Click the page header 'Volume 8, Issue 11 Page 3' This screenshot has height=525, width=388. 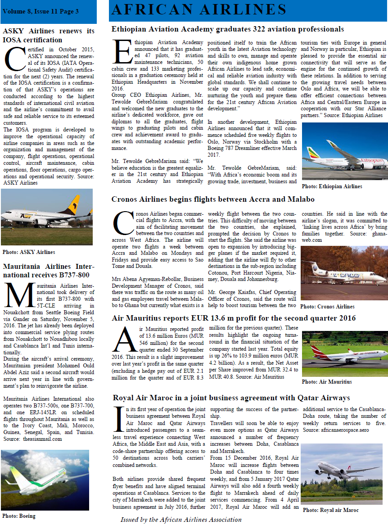tap(41, 11)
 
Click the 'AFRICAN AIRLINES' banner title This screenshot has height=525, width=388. tap(199, 9)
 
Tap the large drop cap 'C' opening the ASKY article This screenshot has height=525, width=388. tap(14, 59)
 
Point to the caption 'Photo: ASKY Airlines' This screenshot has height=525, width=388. tap(29, 252)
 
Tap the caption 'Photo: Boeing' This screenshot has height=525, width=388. tap(19, 516)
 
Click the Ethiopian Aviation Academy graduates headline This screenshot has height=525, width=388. tap(227, 29)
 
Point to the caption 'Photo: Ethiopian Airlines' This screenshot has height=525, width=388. tap(332, 186)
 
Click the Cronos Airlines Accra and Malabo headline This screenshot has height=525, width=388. tap(213, 199)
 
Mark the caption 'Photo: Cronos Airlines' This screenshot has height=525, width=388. tap(327, 307)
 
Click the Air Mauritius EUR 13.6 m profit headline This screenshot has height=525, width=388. tap(234, 318)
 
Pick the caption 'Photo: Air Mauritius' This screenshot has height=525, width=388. tap(327, 382)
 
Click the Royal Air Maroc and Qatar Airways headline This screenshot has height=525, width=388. tap(231, 398)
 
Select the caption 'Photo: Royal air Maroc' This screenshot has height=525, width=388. tap(330, 510)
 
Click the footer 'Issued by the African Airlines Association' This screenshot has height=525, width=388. tap(181, 519)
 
